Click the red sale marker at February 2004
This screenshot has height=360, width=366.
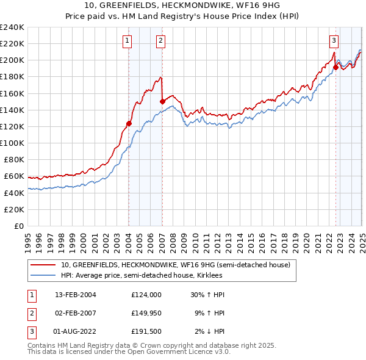[129, 123]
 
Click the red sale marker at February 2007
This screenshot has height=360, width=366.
[162, 102]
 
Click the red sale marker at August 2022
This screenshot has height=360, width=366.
[335, 67]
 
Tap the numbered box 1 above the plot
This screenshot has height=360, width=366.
[127, 41]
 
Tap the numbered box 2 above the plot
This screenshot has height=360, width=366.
[160, 41]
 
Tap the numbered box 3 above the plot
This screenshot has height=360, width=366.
[334, 41]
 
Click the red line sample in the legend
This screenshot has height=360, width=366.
[45, 265]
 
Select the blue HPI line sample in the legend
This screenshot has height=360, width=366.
[45, 275]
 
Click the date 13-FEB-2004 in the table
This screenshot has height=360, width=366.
[76, 294]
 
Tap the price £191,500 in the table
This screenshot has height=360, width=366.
[146, 332]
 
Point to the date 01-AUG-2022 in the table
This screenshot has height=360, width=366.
[76, 332]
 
